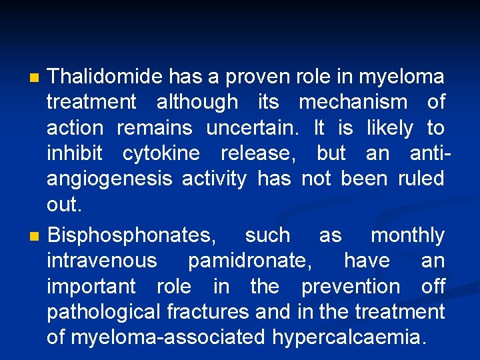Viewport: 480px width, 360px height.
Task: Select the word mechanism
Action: point(353,102)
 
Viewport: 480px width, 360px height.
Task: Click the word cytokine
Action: point(161,153)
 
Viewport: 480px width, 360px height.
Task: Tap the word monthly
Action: point(407,235)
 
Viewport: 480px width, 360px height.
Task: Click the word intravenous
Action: point(102,260)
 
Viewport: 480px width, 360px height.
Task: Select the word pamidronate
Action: point(249,260)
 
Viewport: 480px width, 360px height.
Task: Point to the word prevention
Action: point(351,286)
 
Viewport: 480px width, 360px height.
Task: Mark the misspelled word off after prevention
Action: point(433,286)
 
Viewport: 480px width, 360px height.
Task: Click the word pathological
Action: point(104,311)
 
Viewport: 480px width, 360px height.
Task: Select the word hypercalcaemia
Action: point(347,337)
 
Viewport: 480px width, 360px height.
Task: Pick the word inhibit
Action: point(75,153)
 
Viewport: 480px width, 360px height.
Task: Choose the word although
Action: point(197,102)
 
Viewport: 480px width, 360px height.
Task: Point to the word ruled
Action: point(421,179)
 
